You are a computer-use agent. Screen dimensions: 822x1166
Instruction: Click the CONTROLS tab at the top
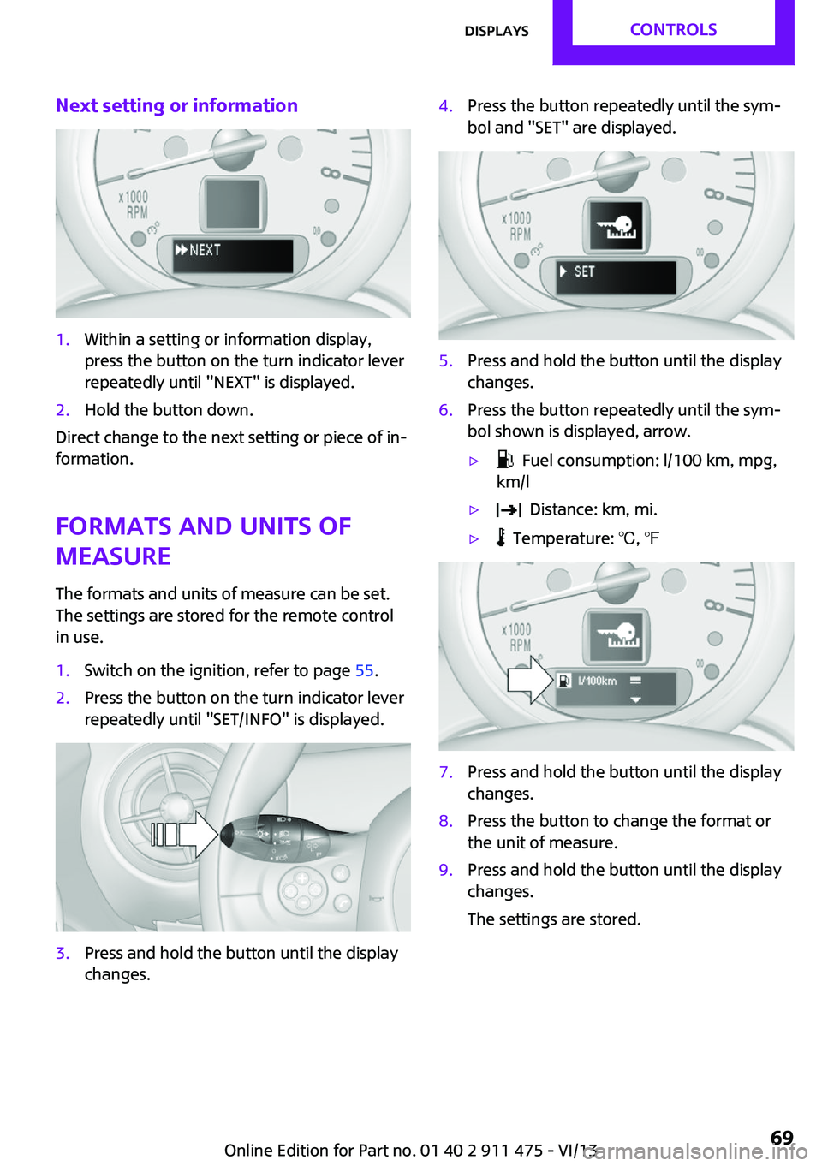pyautogui.click(x=673, y=30)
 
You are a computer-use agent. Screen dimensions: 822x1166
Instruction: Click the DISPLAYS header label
pyautogui.click(x=496, y=31)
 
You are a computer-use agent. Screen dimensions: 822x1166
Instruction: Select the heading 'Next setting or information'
pyautogui.click(x=177, y=105)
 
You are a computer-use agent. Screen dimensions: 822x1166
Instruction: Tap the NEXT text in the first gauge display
pyautogui.click(x=205, y=250)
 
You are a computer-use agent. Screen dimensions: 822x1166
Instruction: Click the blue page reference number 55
pyautogui.click(x=364, y=670)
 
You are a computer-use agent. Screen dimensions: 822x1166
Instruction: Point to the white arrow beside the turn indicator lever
pyautogui.click(x=184, y=834)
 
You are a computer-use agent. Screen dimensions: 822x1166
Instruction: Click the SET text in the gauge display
pyautogui.click(x=584, y=271)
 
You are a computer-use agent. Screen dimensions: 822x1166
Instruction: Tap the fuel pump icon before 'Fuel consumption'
pyautogui.click(x=505, y=461)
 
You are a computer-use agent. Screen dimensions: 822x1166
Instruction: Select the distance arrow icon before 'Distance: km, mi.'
pyautogui.click(x=509, y=509)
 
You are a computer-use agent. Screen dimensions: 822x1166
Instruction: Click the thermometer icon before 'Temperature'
pyautogui.click(x=500, y=538)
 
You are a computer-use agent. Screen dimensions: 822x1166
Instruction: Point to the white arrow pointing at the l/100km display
pyautogui.click(x=530, y=680)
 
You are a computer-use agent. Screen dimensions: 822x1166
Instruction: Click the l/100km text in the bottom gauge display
pyautogui.click(x=597, y=681)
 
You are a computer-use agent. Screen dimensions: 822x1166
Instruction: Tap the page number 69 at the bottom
pyautogui.click(x=782, y=1138)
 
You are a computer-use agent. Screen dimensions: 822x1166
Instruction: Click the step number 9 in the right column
pyautogui.click(x=445, y=870)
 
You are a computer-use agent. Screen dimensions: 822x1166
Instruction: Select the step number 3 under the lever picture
pyautogui.click(x=62, y=953)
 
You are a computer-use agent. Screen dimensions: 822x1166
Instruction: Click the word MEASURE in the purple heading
pyautogui.click(x=113, y=556)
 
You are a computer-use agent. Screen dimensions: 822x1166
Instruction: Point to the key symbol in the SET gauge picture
pyautogui.click(x=616, y=225)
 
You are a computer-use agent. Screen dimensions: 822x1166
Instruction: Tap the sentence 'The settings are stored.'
pyautogui.click(x=553, y=919)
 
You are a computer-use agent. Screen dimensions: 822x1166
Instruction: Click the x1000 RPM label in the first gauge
pyautogui.click(x=134, y=205)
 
